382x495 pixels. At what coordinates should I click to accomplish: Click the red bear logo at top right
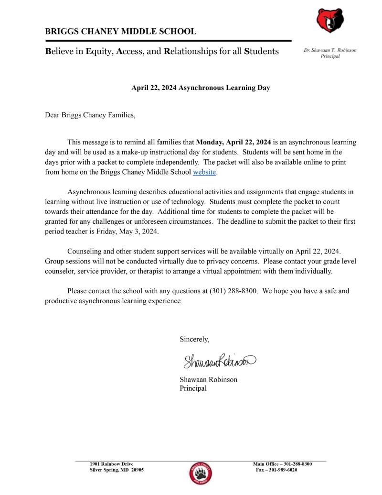[x=329, y=21]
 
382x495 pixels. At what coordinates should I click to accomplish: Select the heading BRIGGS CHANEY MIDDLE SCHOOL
[x=120, y=32]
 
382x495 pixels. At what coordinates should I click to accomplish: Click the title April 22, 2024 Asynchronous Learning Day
[x=201, y=88]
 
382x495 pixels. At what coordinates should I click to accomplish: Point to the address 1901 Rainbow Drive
[x=112, y=464]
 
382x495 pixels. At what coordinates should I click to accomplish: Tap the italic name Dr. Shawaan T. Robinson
[x=330, y=50]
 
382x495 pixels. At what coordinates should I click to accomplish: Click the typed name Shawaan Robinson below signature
[x=208, y=379]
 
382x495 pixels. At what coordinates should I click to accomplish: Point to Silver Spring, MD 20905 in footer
[x=117, y=470]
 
